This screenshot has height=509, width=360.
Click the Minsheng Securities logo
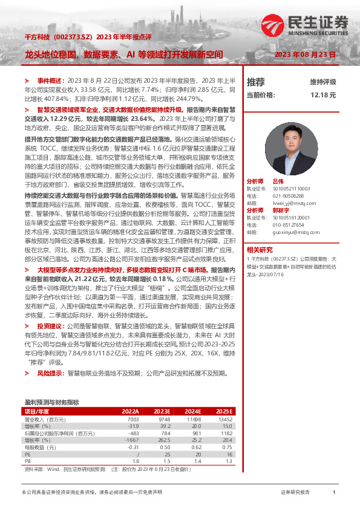(324, 24)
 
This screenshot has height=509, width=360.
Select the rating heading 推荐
(256, 82)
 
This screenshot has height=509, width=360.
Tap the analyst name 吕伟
(278, 181)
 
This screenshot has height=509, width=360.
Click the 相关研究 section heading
(259, 249)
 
